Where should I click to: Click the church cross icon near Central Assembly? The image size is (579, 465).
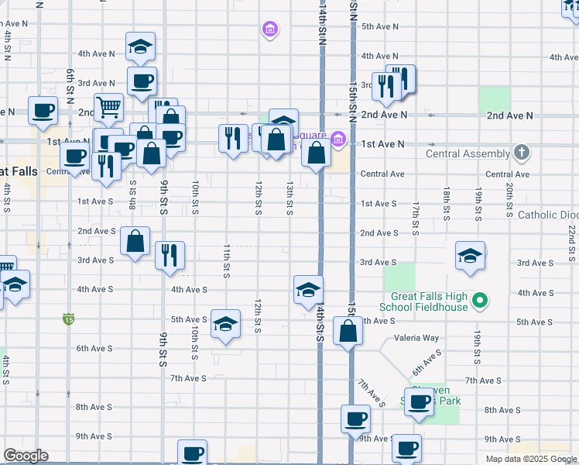522,152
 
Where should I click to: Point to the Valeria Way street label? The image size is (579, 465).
416,338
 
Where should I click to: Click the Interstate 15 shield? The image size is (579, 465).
69,319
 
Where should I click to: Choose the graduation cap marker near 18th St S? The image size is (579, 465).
469,257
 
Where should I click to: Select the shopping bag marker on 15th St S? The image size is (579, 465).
348,331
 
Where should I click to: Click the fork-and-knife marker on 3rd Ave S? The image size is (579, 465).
170,256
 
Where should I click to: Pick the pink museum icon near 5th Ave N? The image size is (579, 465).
269,31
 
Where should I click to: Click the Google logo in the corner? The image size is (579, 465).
26,456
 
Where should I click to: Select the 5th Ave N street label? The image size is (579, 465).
379,26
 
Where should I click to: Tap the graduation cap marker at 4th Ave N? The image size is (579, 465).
140,46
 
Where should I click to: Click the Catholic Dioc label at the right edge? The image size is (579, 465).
548,215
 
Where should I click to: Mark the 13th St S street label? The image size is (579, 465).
289,198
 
